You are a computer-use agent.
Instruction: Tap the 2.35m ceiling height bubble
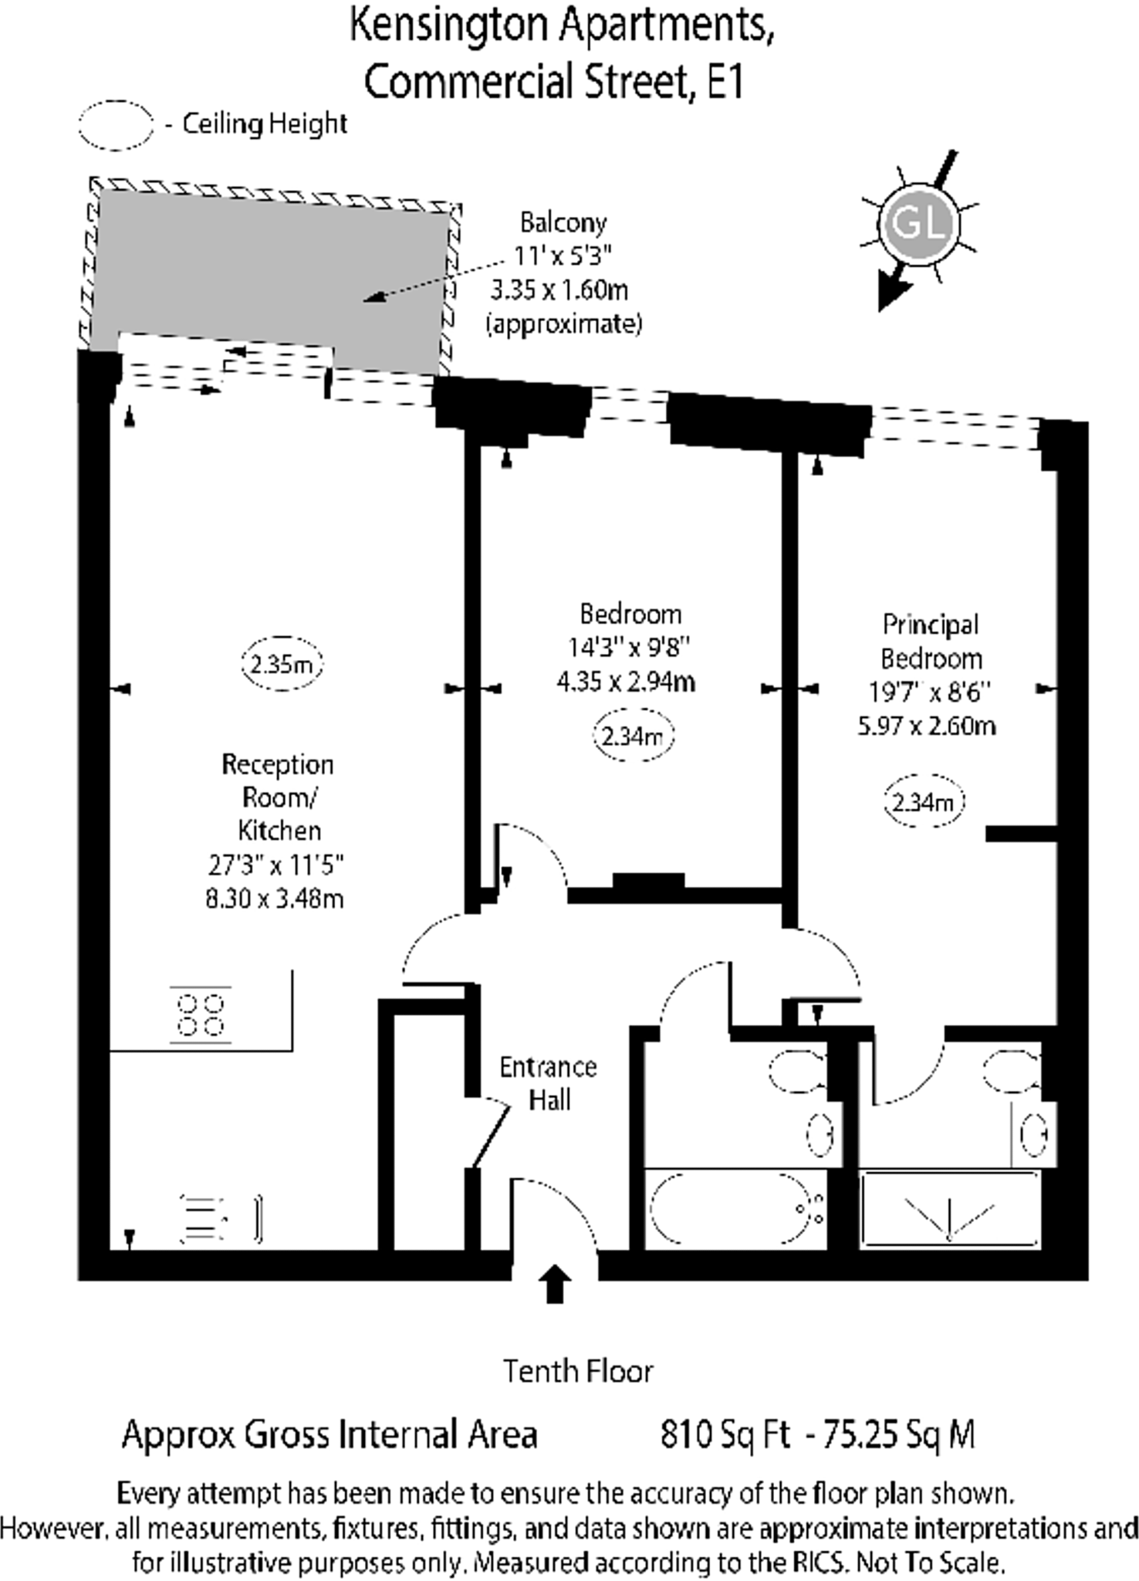[282, 664]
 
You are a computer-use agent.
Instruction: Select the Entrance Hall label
[549, 1083]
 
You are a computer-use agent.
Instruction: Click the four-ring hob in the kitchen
[201, 1015]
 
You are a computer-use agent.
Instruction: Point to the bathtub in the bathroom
[729, 1208]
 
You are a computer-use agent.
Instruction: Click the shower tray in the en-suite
[950, 1208]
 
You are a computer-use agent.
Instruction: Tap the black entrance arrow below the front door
[554, 1284]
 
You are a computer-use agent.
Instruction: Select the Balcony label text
[563, 223]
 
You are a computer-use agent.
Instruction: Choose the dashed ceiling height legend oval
[116, 125]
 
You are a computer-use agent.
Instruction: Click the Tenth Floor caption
[578, 1372]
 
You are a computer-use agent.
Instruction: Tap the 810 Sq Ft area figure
[725, 1435]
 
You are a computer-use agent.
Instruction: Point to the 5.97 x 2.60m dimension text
[927, 726]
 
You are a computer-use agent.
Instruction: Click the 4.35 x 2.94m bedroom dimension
[626, 682]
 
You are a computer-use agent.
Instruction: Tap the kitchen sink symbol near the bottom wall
[204, 1220]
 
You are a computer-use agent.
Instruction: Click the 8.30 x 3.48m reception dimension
[275, 899]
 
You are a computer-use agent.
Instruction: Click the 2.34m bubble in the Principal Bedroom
[924, 802]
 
